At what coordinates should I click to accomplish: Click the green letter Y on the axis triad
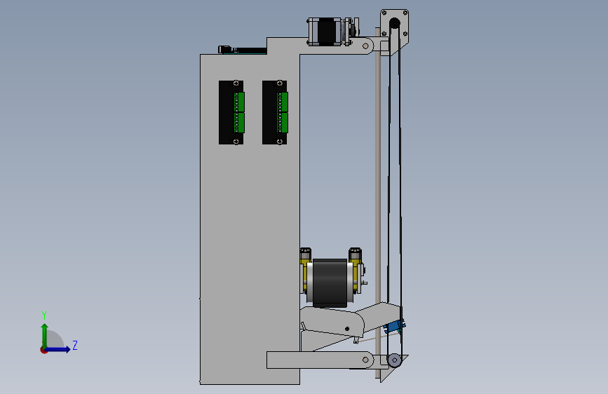(44, 315)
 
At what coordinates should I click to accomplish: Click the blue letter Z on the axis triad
(75, 345)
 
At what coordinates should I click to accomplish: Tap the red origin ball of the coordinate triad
(43, 350)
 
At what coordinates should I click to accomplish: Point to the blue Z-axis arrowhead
(68, 350)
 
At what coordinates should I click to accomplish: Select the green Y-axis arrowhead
(45, 327)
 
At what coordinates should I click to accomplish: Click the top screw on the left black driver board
(236, 83)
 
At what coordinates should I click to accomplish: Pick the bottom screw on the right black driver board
(280, 142)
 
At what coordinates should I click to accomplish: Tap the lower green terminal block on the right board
(284, 123)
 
